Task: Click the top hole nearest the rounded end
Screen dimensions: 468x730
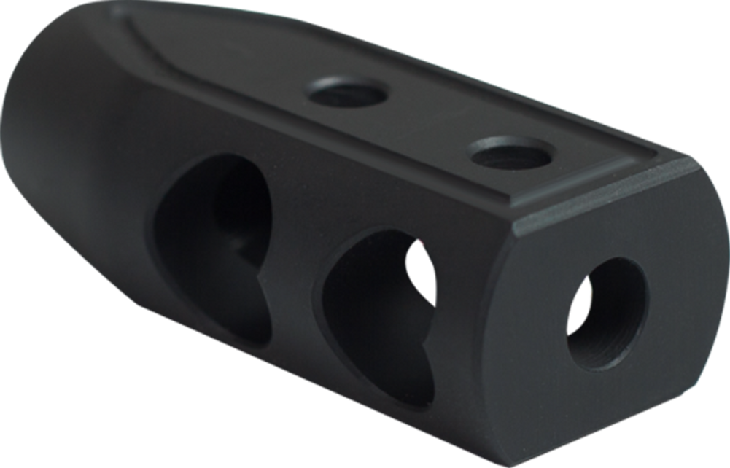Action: [346, 95]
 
